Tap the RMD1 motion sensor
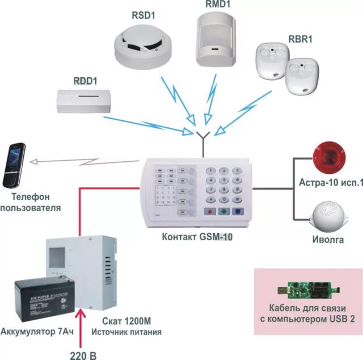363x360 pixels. tap(216, 39)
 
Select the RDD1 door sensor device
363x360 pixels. tap(84, 101)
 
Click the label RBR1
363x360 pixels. tap(300, 39)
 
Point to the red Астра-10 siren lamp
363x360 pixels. tap(329, 157)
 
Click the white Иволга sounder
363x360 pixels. tap(328, 217)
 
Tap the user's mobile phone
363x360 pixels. tap(14, 165)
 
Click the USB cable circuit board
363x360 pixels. tap(309, 290)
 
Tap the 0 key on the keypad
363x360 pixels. tap(223, 199)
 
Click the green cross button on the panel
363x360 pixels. tap(224, 211)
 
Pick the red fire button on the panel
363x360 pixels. tap(210, 211)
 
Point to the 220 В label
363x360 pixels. tap(83, 355)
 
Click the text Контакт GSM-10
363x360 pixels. tap(197, 237)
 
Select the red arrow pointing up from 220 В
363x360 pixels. tap(81, 328)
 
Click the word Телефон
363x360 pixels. tap(31, 197)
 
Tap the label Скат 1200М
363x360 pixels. tap(126, 321)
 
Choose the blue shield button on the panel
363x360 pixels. tap(238, 211)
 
